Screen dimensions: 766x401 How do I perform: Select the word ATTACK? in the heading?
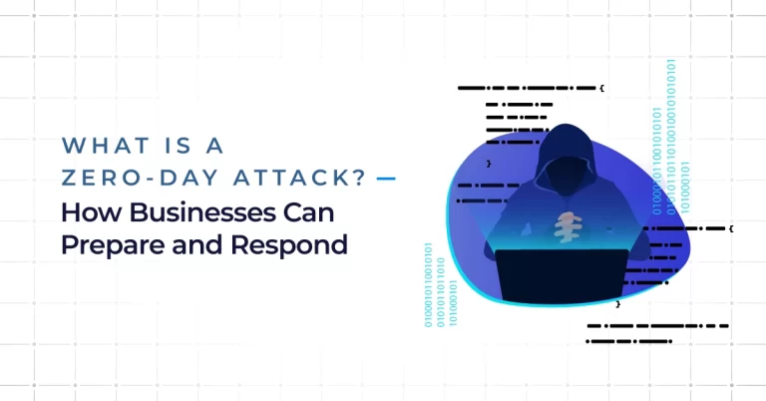coord(299,178)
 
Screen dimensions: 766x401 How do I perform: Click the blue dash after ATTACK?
coord(386,179)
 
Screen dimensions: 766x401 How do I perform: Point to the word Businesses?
coord(202,212)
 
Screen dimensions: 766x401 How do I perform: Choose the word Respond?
coord(289,245)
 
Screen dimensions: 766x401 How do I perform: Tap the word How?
coord(91,212)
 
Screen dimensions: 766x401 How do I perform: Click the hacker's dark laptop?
coord(562,275)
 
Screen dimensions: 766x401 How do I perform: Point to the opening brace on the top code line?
coord(601,88)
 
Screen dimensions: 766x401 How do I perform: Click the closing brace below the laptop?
coord(618,304)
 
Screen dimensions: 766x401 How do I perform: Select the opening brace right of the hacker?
coord(731,228)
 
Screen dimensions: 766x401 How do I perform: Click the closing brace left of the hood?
coord(489,164)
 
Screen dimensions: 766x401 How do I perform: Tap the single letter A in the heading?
coord(214,146)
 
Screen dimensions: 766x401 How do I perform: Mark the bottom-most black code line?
coord(628,341)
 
